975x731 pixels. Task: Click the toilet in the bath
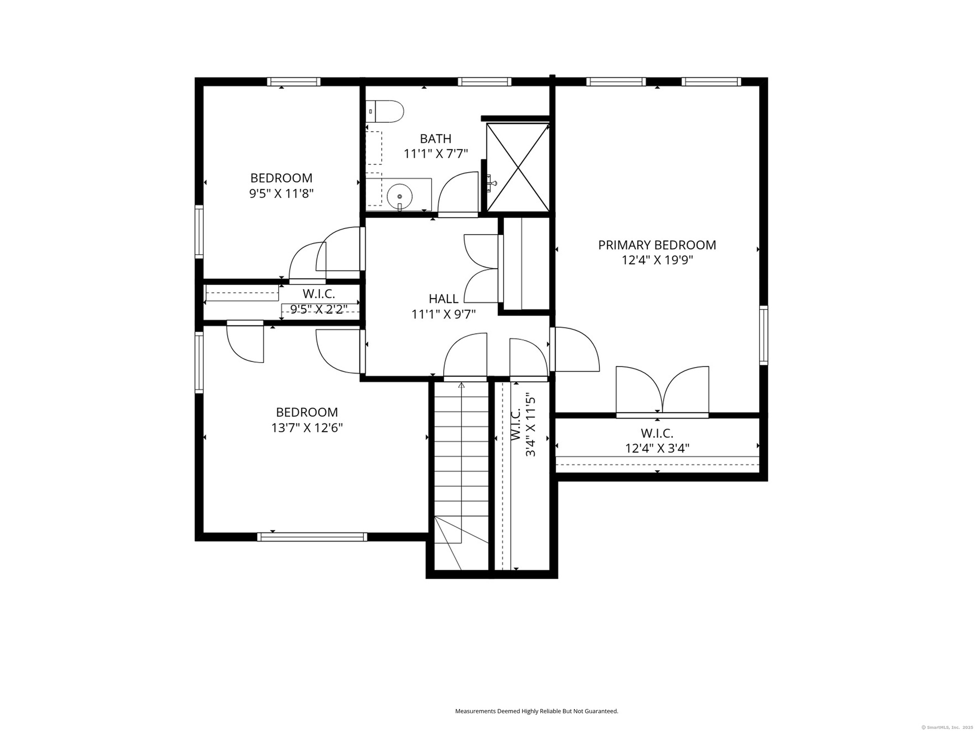384,111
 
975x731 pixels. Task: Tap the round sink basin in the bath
400,196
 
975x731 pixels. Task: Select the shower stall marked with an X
518,167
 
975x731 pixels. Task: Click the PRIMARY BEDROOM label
657,245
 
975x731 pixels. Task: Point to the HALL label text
443,298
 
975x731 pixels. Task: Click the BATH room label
436,139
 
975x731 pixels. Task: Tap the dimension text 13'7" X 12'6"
307,428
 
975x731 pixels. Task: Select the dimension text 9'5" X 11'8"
281,193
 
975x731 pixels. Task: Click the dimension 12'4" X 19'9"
658,260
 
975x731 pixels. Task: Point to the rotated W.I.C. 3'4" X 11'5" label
523,424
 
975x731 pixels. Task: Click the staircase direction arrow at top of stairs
461,386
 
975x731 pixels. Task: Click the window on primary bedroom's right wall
763,335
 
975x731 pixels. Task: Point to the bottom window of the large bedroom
312,537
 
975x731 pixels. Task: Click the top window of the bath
484,82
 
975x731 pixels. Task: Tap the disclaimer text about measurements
537,711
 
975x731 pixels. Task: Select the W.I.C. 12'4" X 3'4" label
657,441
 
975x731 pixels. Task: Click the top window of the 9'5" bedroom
294,82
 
